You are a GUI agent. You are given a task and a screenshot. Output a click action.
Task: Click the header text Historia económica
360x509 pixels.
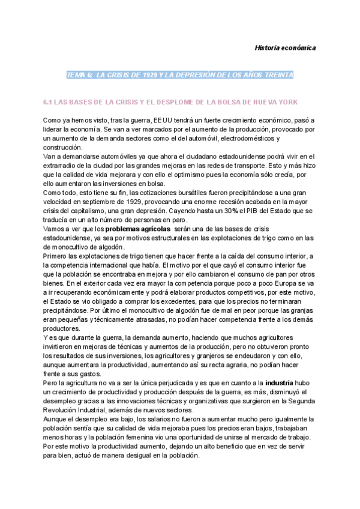286,47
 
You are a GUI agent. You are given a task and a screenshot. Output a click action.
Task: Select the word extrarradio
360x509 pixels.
64,166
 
